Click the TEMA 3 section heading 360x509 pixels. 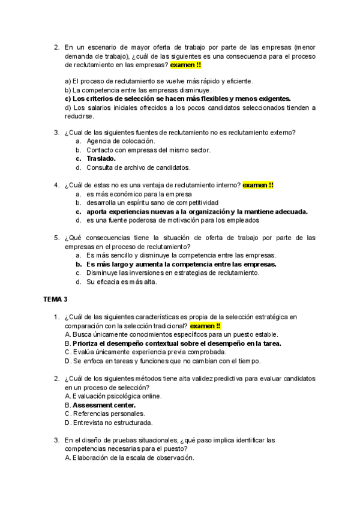pyautogui.click(x=55, y=299)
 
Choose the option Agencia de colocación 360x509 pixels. pyautogui.click(x=116, y=140)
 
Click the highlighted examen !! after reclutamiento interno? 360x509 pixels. pyautogui.click(x=258, y=185)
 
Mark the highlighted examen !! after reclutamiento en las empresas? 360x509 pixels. pyautogui.click(x=185, y=65)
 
